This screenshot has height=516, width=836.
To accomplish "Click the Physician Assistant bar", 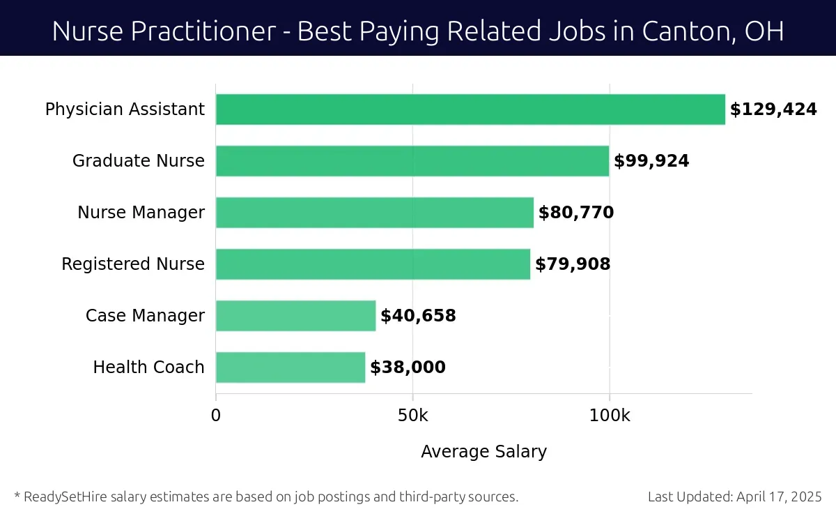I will click(470, 109).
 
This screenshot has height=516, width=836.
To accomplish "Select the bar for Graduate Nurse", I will click(412, 161).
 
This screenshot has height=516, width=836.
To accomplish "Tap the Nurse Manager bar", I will click(375, 213).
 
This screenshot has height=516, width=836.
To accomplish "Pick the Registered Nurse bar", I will click(373, 264).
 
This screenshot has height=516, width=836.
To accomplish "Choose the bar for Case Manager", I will click(295, 316).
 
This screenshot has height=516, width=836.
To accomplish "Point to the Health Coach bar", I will click(291, 367).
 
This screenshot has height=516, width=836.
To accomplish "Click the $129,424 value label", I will click(773, 109).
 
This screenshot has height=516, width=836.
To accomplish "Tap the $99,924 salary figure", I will click(651, 161).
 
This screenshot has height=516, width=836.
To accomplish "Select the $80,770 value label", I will click(576, 213).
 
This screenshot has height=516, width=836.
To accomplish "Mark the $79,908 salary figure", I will click(573, 264).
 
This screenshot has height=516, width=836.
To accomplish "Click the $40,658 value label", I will click(418, 316).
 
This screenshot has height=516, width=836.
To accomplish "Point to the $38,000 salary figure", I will click(408, 367).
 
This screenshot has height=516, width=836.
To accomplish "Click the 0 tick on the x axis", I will click(216, 416).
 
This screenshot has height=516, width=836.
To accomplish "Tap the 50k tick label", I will click(412, 416).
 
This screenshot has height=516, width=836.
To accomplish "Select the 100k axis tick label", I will click(610, 416).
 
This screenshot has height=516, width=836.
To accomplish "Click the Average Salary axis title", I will click(483, 452).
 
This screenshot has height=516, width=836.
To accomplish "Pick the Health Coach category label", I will click(149, 367).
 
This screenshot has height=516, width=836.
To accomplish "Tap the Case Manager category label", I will click(145, 316).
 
